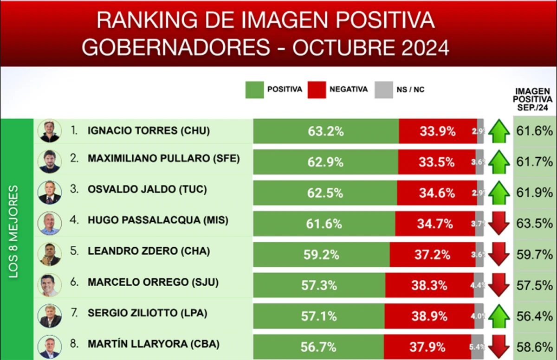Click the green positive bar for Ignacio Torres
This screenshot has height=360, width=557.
(x=326, y=131)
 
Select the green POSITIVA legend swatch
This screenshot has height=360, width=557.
(x=254, y=89)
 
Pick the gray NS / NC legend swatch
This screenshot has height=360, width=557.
(x=383, y=89)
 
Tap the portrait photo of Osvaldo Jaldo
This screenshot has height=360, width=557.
(x=49, y=193)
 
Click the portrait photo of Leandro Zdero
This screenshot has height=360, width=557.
(x=49, y=254)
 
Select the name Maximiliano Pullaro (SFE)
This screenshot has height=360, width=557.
(x=163, y=158)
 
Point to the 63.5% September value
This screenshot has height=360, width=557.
(x=535, y=224)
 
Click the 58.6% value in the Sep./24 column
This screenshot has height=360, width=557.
(x=535, y=347)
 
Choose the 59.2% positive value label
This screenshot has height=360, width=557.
(x=321, y=255)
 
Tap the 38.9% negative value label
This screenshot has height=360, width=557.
(x=429, y=316)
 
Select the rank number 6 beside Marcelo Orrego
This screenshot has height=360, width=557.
(x=74, y=282)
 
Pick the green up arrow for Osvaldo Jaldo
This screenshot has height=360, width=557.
(x=499, y=193)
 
